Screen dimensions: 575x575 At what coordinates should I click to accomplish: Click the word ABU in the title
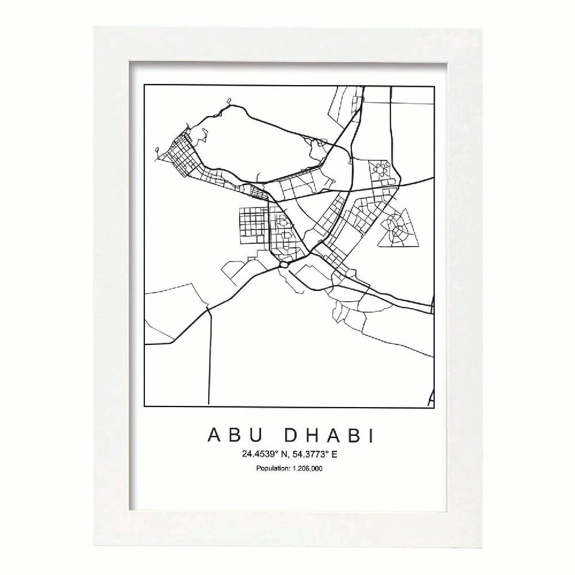(227, 436)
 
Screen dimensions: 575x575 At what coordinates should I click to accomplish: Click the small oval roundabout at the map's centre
(283, 265)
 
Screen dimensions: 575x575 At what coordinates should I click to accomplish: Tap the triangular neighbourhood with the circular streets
(397, 227)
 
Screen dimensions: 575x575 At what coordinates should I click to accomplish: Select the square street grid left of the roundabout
(253, 221)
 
